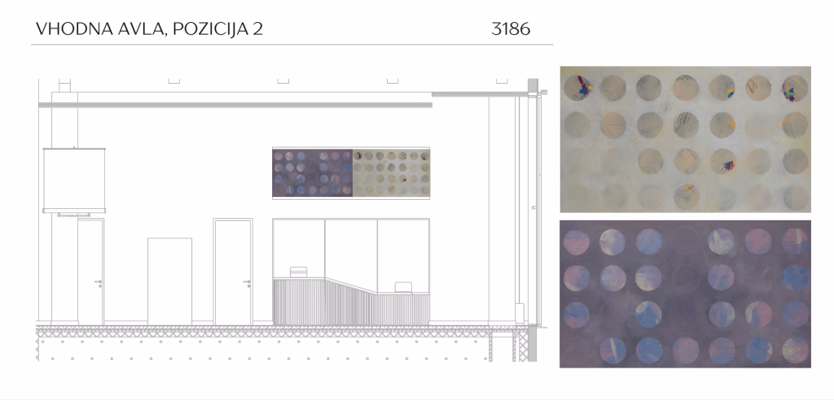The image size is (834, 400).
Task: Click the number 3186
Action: [x=511, y=28]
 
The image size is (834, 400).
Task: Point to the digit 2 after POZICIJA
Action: [x=258, y=28]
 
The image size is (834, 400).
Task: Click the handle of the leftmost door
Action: [x=99, y=283]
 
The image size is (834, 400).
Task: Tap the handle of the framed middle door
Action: [x=248, y=283]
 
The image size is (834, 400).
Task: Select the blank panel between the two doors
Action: [x=169, y=281]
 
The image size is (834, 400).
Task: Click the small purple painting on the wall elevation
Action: [x=312, y=173]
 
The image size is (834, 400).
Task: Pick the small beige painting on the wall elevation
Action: [x=391, y=173]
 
